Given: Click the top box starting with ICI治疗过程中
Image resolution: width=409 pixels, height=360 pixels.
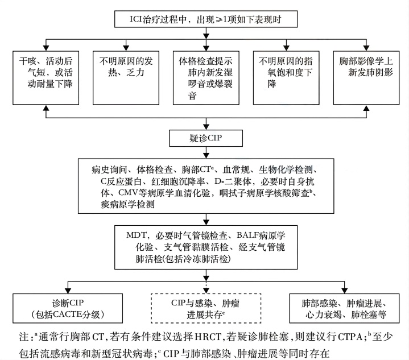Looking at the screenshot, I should pyautogui.click(x=206, y=19).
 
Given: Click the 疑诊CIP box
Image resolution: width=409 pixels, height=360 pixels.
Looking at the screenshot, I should pyautogui.click(x=206, y=139).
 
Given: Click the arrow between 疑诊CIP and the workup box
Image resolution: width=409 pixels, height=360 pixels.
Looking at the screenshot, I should pyautogui.click(x=206, y=152).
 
